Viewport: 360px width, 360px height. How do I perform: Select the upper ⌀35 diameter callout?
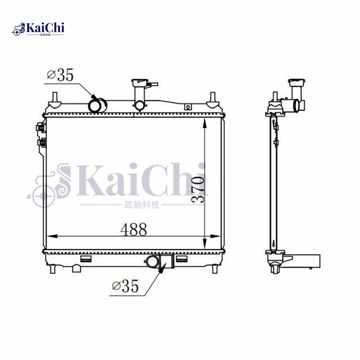coord(60,75)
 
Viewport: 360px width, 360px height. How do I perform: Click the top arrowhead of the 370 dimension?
coord(205,123)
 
